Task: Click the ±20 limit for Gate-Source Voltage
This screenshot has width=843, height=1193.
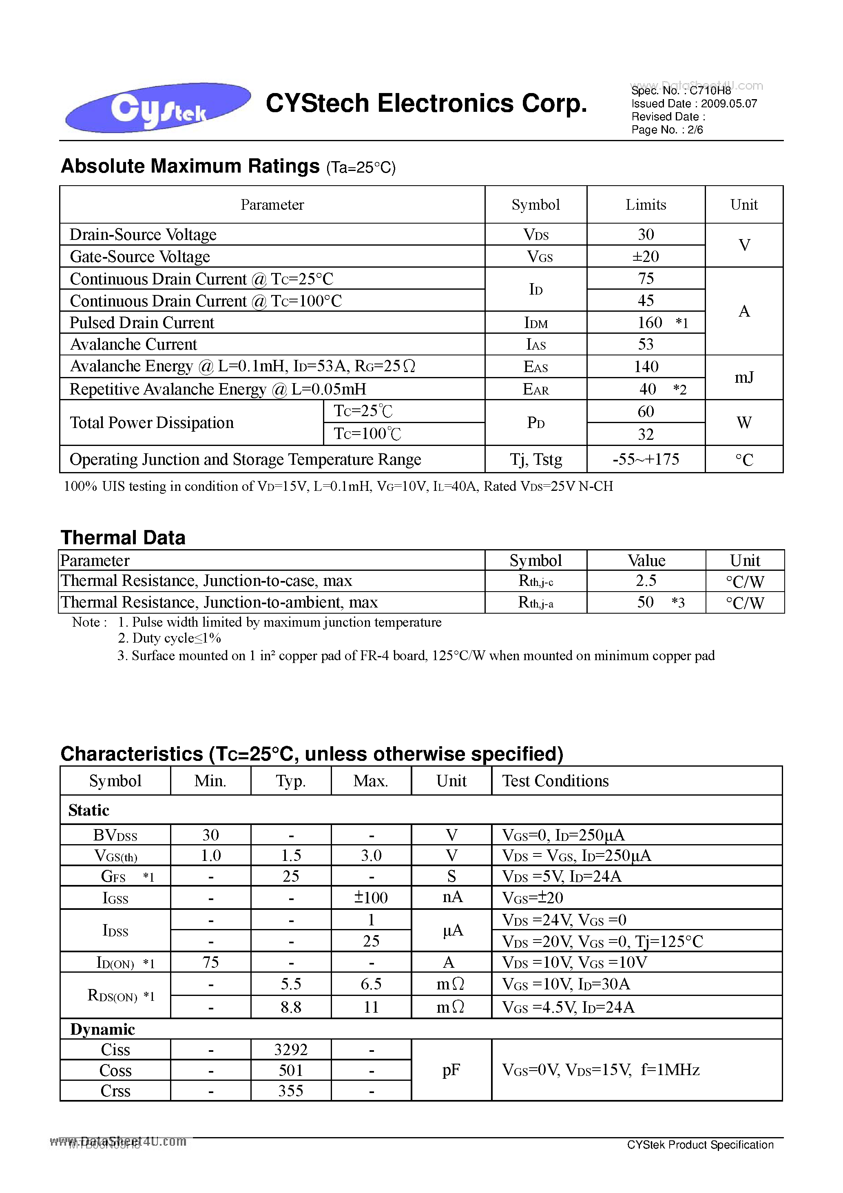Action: (x=646, y=256)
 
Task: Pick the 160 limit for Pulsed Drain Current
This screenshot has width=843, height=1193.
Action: (x=649, y=323)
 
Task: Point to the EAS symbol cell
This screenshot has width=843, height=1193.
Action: (x=535, y=367)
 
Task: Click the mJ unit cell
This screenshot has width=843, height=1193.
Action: (x=744, y=378)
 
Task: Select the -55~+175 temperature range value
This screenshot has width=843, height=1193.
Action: (x=646, y=459)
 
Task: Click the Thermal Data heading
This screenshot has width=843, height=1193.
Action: (x=123, y=538)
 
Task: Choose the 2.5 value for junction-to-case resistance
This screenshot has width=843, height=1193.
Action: (x=646, y=581)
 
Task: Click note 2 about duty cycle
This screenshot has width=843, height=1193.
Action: (x=169, y=638)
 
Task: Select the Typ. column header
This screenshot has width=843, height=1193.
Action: (x=290, y=781)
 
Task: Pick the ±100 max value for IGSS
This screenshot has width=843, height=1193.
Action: (x=371, y=897)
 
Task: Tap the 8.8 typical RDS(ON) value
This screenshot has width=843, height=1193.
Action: (x=290, y=1007)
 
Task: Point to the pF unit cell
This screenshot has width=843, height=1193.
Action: (x=451, y=1070)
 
